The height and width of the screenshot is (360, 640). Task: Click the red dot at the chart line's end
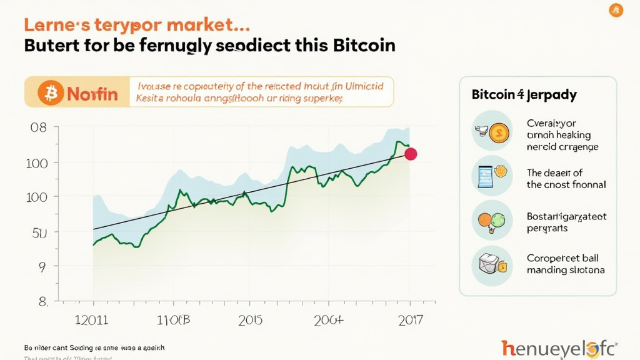click(411, 154)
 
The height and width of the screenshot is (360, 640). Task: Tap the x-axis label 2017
click(409, 321)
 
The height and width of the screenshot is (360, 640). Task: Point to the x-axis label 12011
click(92, 321)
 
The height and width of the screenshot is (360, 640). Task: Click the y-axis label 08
click(39, 127)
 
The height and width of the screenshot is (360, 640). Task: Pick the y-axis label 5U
click(39, 232)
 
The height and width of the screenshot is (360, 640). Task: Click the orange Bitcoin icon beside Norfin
click(51, 94)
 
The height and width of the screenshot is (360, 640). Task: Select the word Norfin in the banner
click(92, 94)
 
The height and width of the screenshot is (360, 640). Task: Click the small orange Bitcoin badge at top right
click(616, 10)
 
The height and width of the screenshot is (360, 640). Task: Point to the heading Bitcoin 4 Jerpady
click(524, 95)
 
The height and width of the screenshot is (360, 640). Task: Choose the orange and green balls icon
click(492, 221)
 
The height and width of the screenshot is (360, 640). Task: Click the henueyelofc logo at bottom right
click(559, 348)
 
